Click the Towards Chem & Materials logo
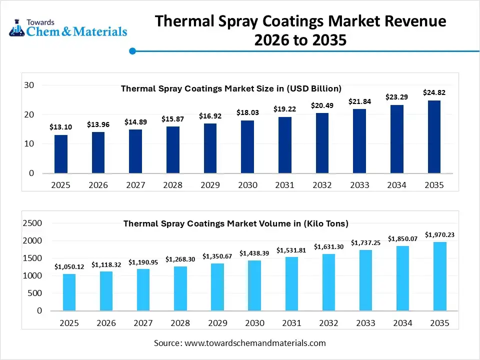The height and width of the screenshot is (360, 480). [68, 28]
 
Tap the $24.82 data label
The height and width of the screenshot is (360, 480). [434, 92]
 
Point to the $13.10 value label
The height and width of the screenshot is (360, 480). [61, 127]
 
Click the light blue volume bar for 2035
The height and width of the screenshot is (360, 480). [439, 276]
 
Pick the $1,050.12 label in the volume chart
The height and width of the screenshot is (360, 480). [69, 266]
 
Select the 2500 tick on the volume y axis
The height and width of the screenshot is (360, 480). [32, 223]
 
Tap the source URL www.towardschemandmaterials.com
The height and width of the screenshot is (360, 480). [255, 343]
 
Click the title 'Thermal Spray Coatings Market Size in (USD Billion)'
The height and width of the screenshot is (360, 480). [231, 88]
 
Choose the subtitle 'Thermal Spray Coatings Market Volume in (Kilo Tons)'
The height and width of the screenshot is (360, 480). [236, 223]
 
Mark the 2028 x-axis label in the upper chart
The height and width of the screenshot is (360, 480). [173, 185]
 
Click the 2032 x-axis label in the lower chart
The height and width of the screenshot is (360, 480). [328, 323]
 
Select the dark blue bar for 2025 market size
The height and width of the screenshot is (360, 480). [61, 154]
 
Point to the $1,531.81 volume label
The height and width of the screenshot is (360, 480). [291, 250]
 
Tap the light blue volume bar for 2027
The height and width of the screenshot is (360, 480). [143, 289]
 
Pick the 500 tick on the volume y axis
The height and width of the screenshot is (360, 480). [35, 293]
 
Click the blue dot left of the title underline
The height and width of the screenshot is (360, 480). [132, 51]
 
